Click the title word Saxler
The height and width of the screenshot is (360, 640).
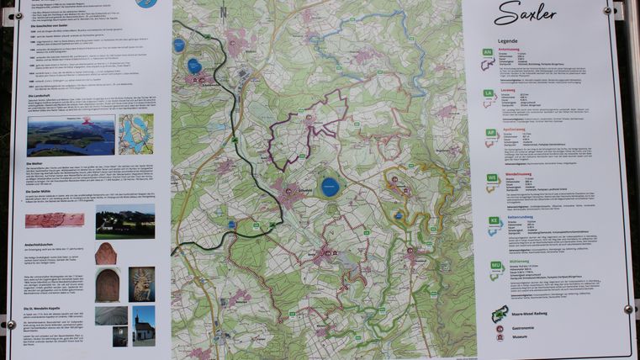click(525, 13)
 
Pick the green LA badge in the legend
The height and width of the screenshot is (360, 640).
click(489, 93)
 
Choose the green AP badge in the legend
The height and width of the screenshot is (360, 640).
click(491, 133)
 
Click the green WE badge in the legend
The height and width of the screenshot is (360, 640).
click(493, 177)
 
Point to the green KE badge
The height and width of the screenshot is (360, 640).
click(495, 220)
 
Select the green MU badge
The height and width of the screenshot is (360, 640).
click(496, 265)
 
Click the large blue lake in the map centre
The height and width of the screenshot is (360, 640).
click(330, 187)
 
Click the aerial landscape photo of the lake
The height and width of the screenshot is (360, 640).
click(71, 135)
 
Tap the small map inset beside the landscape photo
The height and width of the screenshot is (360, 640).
click(135, 133)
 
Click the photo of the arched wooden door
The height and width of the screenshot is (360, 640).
click(107, 285)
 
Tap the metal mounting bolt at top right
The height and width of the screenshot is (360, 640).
click(607, 10)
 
